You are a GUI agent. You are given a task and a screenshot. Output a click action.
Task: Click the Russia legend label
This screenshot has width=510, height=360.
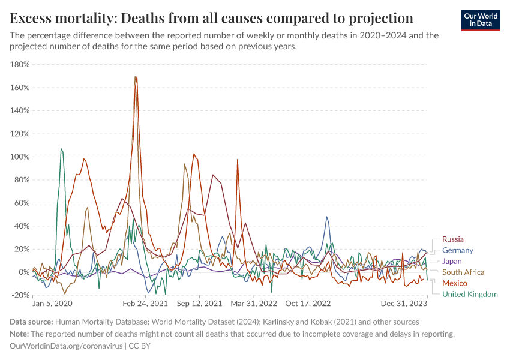point(452,239)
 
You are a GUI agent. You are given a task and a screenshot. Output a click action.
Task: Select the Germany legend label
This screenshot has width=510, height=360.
point(457,250)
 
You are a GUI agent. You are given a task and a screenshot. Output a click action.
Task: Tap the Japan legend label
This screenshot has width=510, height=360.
point(452,261)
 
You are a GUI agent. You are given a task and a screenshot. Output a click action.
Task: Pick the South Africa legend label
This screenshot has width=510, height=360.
point(463,272)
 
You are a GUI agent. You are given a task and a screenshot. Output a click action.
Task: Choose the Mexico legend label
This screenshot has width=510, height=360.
point(454,283)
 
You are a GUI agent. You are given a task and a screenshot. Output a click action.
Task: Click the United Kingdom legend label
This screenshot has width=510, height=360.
point(470,294)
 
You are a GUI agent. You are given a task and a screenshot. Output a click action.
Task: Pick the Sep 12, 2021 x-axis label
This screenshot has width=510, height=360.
point(199,304)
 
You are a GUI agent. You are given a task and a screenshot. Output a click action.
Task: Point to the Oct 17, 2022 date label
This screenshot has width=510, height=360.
point(308,304)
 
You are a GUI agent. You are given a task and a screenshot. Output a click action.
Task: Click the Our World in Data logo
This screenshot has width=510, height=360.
point(480,19)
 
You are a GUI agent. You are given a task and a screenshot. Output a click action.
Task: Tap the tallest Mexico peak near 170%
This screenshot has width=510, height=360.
point(136,77)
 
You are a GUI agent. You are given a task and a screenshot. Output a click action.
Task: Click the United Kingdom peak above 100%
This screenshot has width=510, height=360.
point(61,149)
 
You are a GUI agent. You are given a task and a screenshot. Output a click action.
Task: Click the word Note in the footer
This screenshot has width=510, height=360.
point(19,334)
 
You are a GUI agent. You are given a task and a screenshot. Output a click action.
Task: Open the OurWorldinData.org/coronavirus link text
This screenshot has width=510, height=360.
point(66,346)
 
